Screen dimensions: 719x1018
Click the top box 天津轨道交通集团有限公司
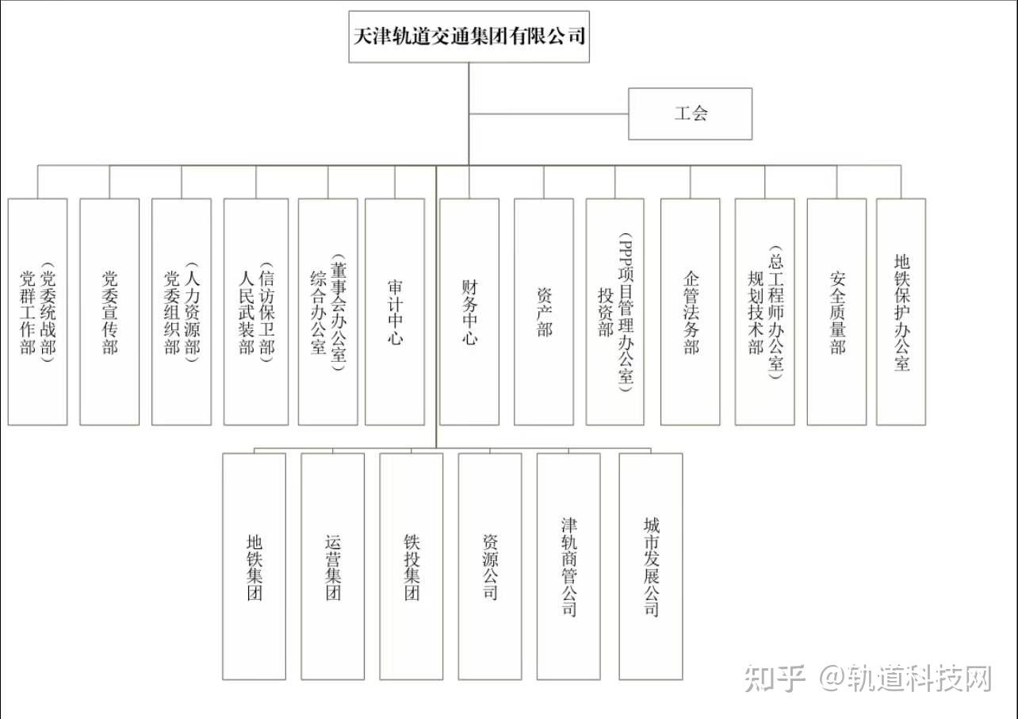tap(469, 37)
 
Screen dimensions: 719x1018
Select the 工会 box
tap(690, 113)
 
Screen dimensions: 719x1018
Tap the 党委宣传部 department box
tap(109, 312)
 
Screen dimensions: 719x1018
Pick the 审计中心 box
tap(395, 312)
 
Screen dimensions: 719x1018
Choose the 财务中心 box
tap(469, 312)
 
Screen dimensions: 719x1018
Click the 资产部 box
tap(544, 312)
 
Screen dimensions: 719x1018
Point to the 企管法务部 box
tap(691, 312)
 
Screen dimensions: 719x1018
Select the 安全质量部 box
tap(836, 312)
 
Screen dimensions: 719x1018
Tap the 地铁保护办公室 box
tap(901, 312)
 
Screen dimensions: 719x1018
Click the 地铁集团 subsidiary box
tap(254, 567)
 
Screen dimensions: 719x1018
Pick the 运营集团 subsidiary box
tap(333, 567)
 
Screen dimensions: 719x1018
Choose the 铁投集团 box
tap(411, 567)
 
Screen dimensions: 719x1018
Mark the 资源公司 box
tap(490, 567)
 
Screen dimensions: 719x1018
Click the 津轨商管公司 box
tap(568, 567)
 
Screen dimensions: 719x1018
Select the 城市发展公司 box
tap(651, 567)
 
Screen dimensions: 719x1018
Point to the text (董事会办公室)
tap(339, 312)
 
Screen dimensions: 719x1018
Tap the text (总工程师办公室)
tap(775, 312)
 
